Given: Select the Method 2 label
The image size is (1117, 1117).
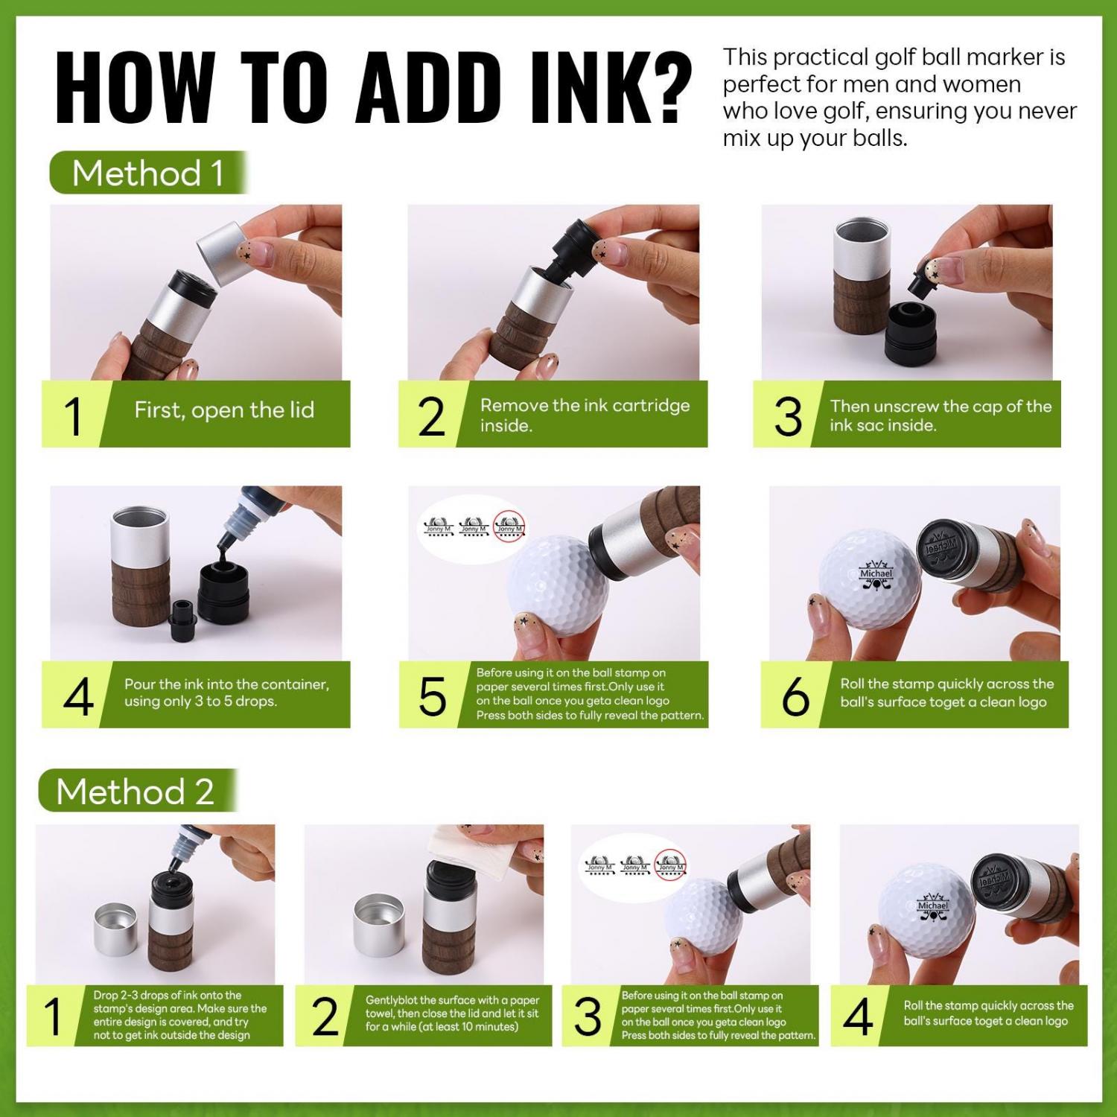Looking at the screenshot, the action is [x=135, y=791].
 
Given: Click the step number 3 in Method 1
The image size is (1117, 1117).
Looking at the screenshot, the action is [x=789, y=416].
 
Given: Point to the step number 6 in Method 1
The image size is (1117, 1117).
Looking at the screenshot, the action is [x=795, y=697].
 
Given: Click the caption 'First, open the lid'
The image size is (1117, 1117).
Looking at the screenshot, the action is [x=224, y=410].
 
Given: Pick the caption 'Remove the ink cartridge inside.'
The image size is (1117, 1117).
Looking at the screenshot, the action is [x=585, y=415].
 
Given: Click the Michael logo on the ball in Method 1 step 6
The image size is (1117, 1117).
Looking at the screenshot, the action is [x=875, y=574].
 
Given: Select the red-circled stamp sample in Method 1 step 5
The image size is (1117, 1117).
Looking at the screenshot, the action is [x=510, y=525].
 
